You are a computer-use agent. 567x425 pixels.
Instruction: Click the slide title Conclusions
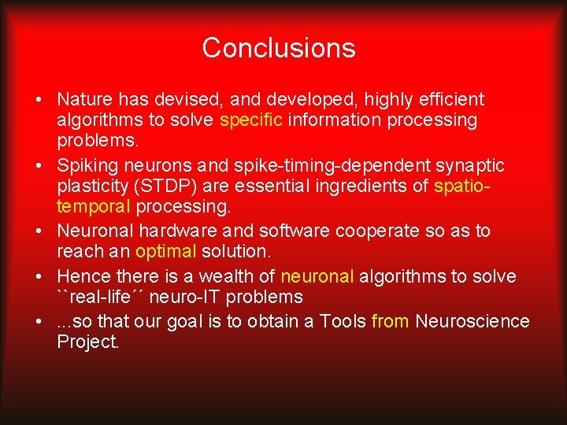(x=279, y=48)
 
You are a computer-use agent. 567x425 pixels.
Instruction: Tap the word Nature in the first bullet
(x=83, y=100)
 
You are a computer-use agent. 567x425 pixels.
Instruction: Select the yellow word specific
(x=251, y=120)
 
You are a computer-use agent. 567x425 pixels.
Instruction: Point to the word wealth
(x=226, y=276)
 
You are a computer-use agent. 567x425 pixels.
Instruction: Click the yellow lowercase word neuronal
(x=317, y=276)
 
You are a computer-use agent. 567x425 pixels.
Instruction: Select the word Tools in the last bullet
(x=343, y=321)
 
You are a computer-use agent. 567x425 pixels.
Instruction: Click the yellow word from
(x=390, y=321)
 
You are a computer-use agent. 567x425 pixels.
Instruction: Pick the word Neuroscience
(x=472, y=321)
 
